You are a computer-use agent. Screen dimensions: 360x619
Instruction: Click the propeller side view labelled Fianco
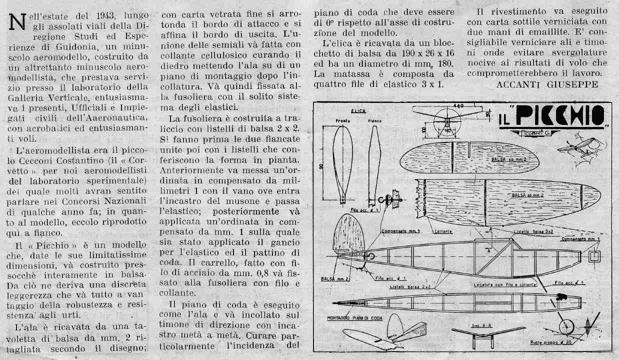tap(373, 165)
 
